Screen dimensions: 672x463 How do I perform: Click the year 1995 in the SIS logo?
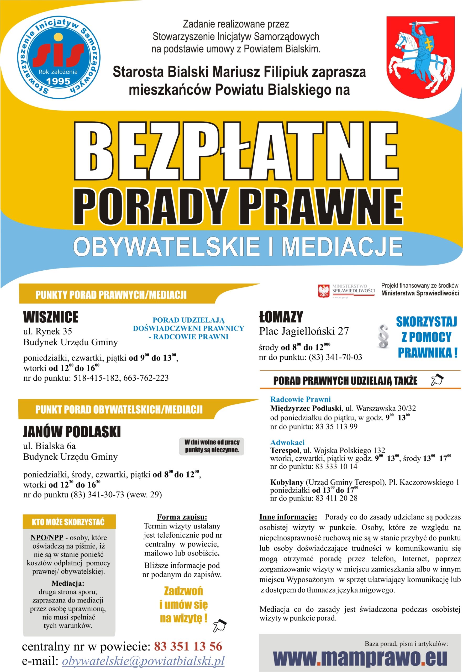[58, 81]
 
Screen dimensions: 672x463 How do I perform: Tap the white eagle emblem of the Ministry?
[324, 291]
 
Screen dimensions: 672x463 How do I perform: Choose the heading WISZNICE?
[51, 317]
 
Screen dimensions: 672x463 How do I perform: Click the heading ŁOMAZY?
[281, 317]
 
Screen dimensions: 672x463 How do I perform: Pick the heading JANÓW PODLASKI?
[72, 432]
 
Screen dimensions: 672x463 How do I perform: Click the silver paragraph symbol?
[383, 337]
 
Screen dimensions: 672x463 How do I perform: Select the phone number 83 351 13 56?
[188, 647]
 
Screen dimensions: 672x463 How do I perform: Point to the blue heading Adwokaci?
[287, 443]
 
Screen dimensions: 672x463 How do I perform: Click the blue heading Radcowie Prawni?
[300, 399]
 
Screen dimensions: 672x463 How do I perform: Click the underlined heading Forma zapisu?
[182, 517]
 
